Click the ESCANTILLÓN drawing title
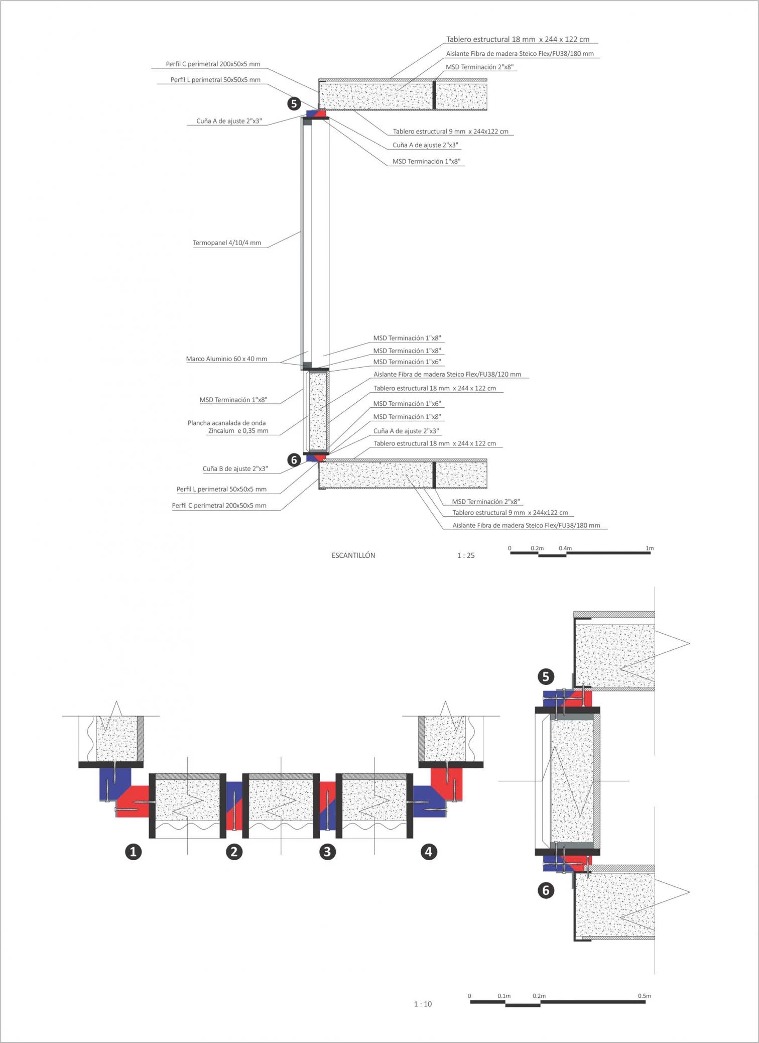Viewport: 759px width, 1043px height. (x=353, y=555)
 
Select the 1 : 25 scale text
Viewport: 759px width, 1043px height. (x=465, y=555)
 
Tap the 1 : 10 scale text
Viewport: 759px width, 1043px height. (x=422, y=1004)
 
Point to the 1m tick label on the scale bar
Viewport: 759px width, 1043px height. (x=650, y=548)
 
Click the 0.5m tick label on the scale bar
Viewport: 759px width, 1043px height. (x=644, y=995)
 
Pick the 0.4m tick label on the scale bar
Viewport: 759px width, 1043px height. (x=565, y=548)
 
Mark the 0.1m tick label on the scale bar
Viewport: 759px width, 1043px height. (x=504, y=995)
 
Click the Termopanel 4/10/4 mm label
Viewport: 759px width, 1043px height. (x=227, y=243)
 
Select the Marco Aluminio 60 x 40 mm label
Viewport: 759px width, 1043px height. (x=226, y=359)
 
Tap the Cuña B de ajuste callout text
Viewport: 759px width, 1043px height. (x=235, y=469)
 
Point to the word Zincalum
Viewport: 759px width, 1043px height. (x=221, y=431)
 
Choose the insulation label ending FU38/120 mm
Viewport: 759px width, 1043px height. (x=447, y=375)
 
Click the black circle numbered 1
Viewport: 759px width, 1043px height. (x=133, y=852)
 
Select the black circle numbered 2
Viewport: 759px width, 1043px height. (x=234, y=852)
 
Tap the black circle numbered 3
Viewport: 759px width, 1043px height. (x=327, y=852)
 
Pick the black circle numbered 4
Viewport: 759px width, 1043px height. (x=428, y=852)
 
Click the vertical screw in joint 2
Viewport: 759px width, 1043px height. (x=234, y=809)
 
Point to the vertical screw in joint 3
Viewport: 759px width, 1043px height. (x=327, y=809)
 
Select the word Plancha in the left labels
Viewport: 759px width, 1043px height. (x=198, y=423)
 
